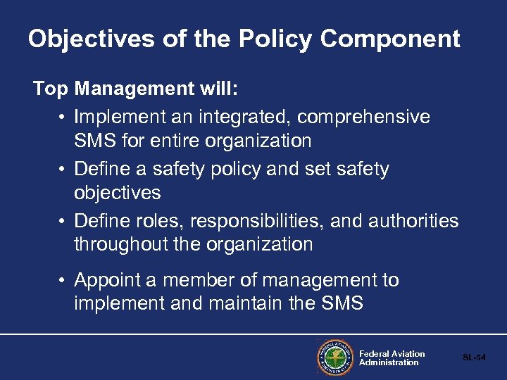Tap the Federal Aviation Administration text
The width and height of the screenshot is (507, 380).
pyautogui.click(x=392, y=358)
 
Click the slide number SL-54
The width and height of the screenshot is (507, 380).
pyautogui.click(x=474, y=358)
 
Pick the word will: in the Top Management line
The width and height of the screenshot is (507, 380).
pyautogui.click(x=220, y=89)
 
